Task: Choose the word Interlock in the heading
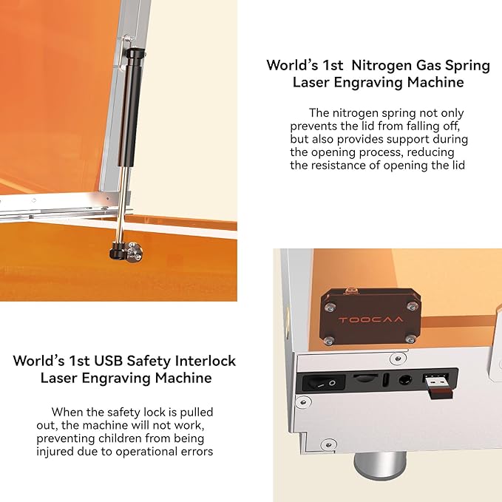pos(201,361)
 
